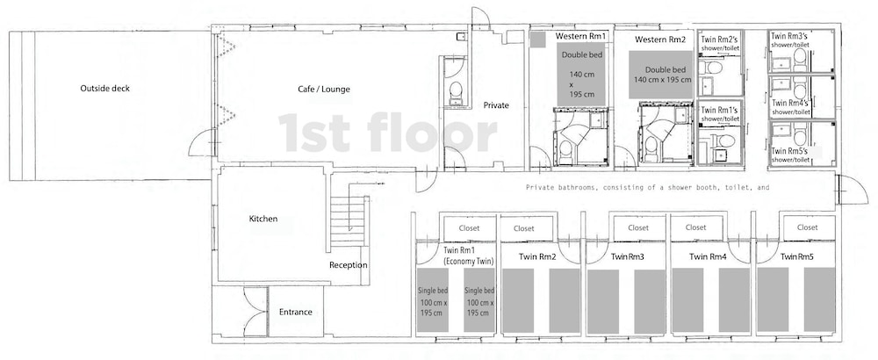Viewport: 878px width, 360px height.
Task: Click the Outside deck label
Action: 104,89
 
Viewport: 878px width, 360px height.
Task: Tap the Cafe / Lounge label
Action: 324,89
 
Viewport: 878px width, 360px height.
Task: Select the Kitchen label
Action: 263,219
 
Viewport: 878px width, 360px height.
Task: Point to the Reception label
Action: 349,265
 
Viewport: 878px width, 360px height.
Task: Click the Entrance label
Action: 296,312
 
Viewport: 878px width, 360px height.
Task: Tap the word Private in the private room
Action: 496,104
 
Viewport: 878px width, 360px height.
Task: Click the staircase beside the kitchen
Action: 349,221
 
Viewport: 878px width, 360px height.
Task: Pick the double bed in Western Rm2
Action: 661,75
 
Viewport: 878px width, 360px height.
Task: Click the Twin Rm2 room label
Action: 537,257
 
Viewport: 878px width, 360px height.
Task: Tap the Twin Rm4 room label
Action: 707,257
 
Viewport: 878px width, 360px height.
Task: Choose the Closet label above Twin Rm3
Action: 638,228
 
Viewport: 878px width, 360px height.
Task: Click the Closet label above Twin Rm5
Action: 808,227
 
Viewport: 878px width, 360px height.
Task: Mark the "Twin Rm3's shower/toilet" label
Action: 790,40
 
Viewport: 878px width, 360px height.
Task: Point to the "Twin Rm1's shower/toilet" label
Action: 720,114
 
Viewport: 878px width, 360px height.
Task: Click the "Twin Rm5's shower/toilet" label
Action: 791,155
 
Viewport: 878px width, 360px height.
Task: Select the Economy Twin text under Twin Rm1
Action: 455,262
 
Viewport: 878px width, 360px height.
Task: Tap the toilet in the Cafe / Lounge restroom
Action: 456,92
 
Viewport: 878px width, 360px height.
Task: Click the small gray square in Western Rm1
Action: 537,40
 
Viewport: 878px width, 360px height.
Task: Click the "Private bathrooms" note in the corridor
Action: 647,188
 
